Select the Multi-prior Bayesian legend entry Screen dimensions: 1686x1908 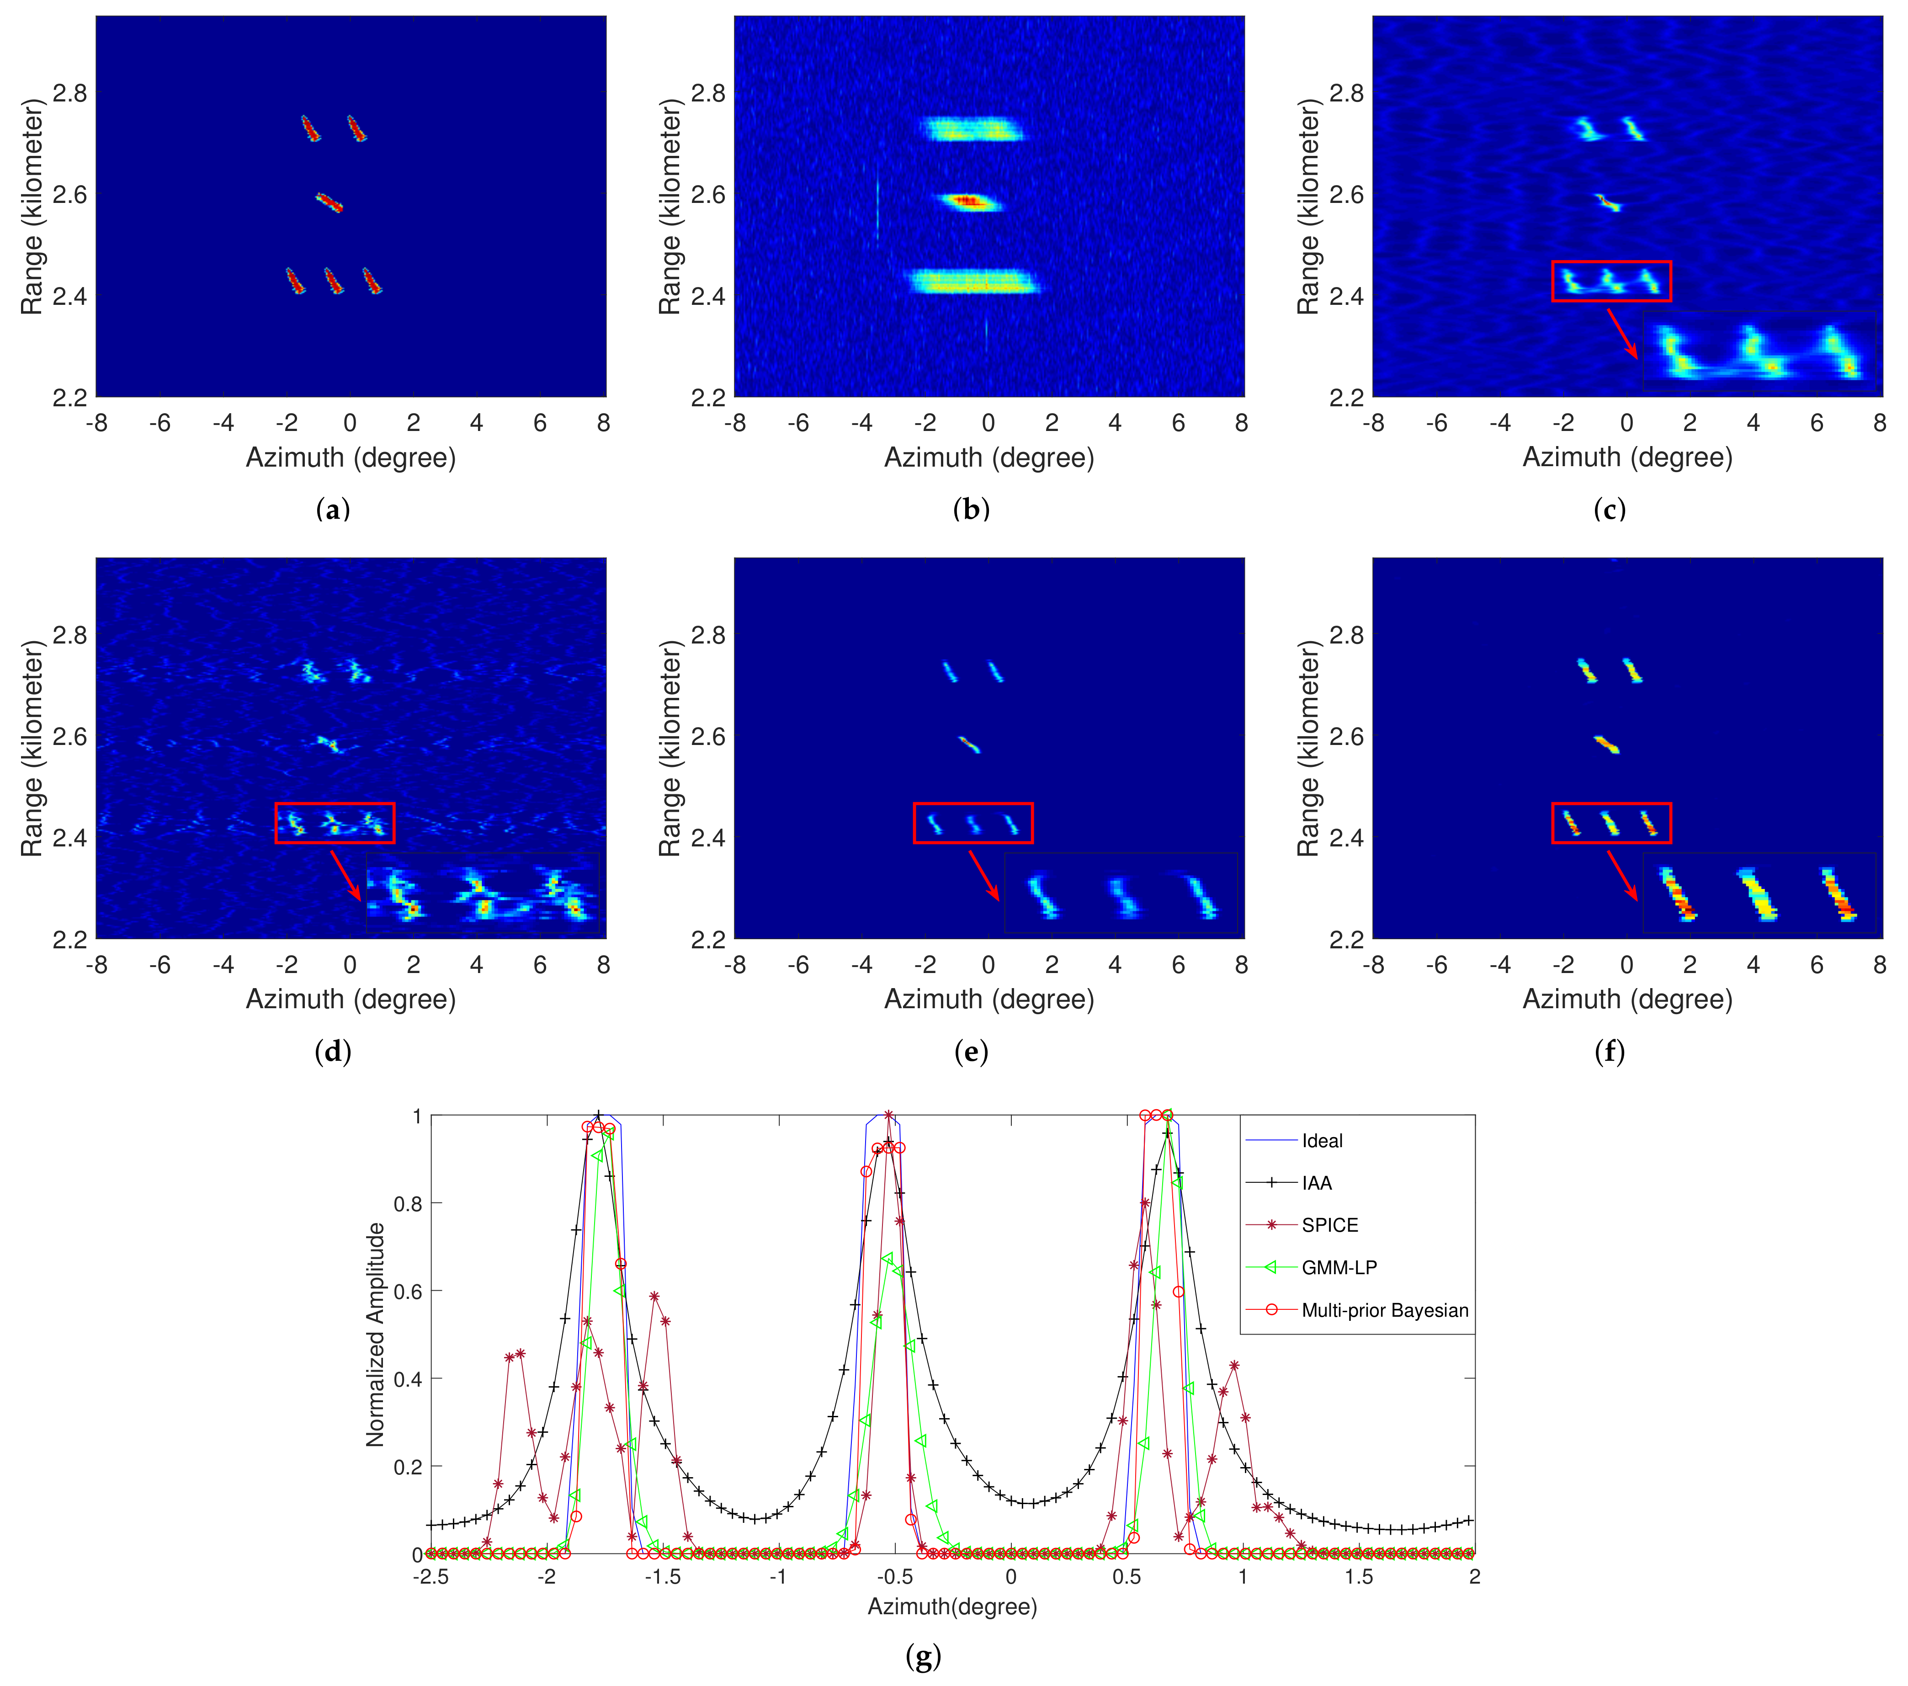click(1384, 1310)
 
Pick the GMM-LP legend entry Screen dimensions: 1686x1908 click(1339, 1267)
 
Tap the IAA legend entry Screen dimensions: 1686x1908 click(1316, 1183)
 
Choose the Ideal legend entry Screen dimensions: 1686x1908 click(1322, 1141)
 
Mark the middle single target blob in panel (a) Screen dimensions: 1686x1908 click(330, 202)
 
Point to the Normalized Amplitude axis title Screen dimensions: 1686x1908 click(375, 1335)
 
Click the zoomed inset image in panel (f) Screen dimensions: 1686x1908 click(1759, 893)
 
